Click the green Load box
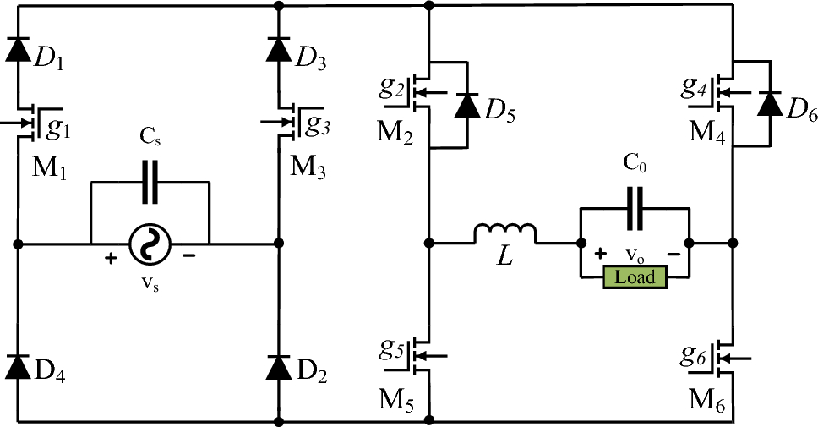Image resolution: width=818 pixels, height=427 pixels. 635,277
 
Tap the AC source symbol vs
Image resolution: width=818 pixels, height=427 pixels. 150,245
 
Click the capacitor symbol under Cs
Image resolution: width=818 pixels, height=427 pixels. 150,183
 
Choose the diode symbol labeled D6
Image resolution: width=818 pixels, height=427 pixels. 769,103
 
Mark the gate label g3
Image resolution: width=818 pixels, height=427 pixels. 319,125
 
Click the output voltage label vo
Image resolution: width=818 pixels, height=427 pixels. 635,254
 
